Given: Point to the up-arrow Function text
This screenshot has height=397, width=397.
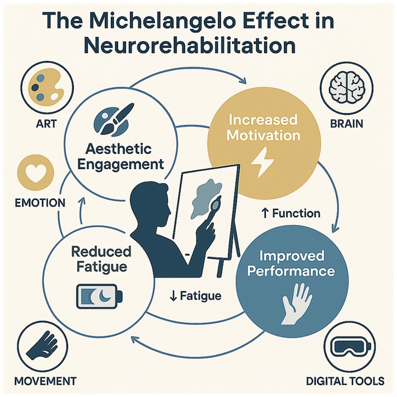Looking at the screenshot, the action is tap(291, 213).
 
